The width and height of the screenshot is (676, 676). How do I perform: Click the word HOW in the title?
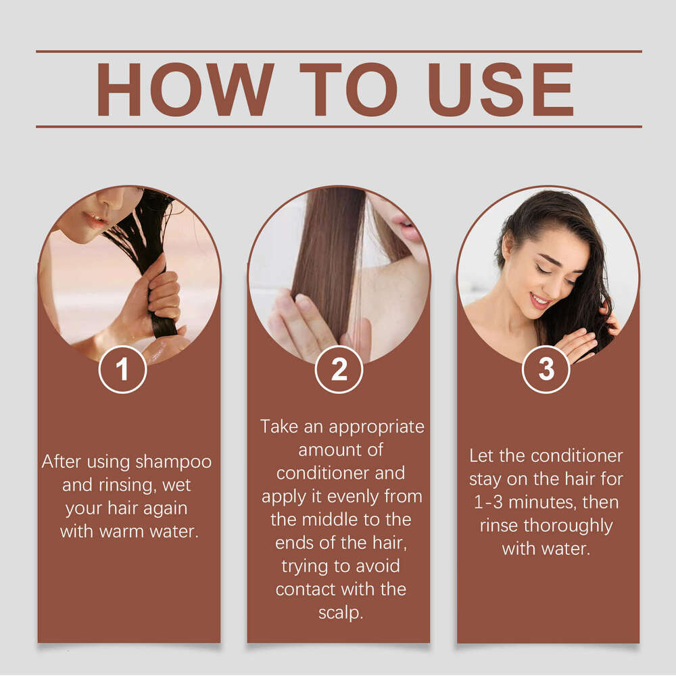185,90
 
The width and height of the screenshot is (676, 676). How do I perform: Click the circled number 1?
122,370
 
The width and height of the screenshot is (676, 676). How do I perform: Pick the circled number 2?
339,370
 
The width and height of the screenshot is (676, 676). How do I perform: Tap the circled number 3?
546,370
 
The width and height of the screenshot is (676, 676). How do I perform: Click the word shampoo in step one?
173,462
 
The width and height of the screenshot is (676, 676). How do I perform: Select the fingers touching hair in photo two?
297,318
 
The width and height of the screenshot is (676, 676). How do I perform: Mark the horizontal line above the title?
338,51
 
